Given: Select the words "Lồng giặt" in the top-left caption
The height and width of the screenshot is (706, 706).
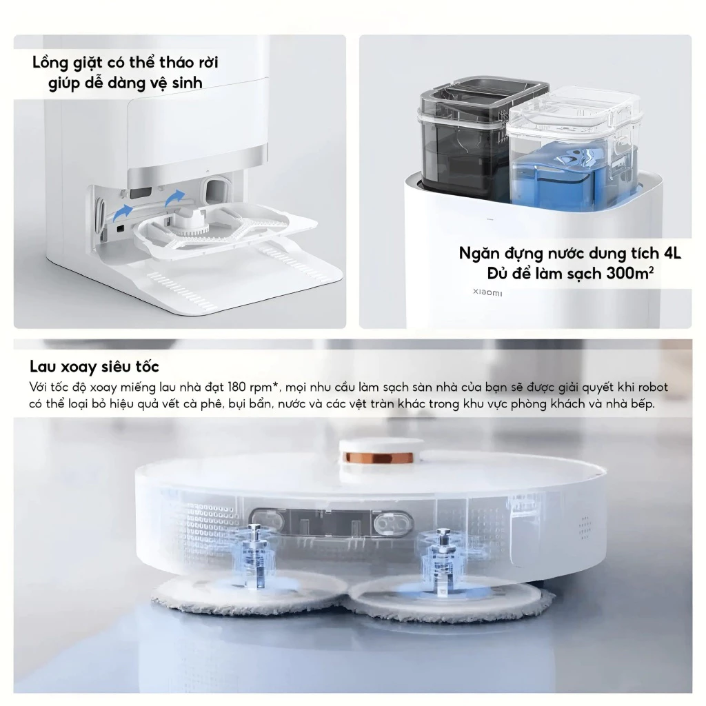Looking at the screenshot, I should [65, 63].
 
